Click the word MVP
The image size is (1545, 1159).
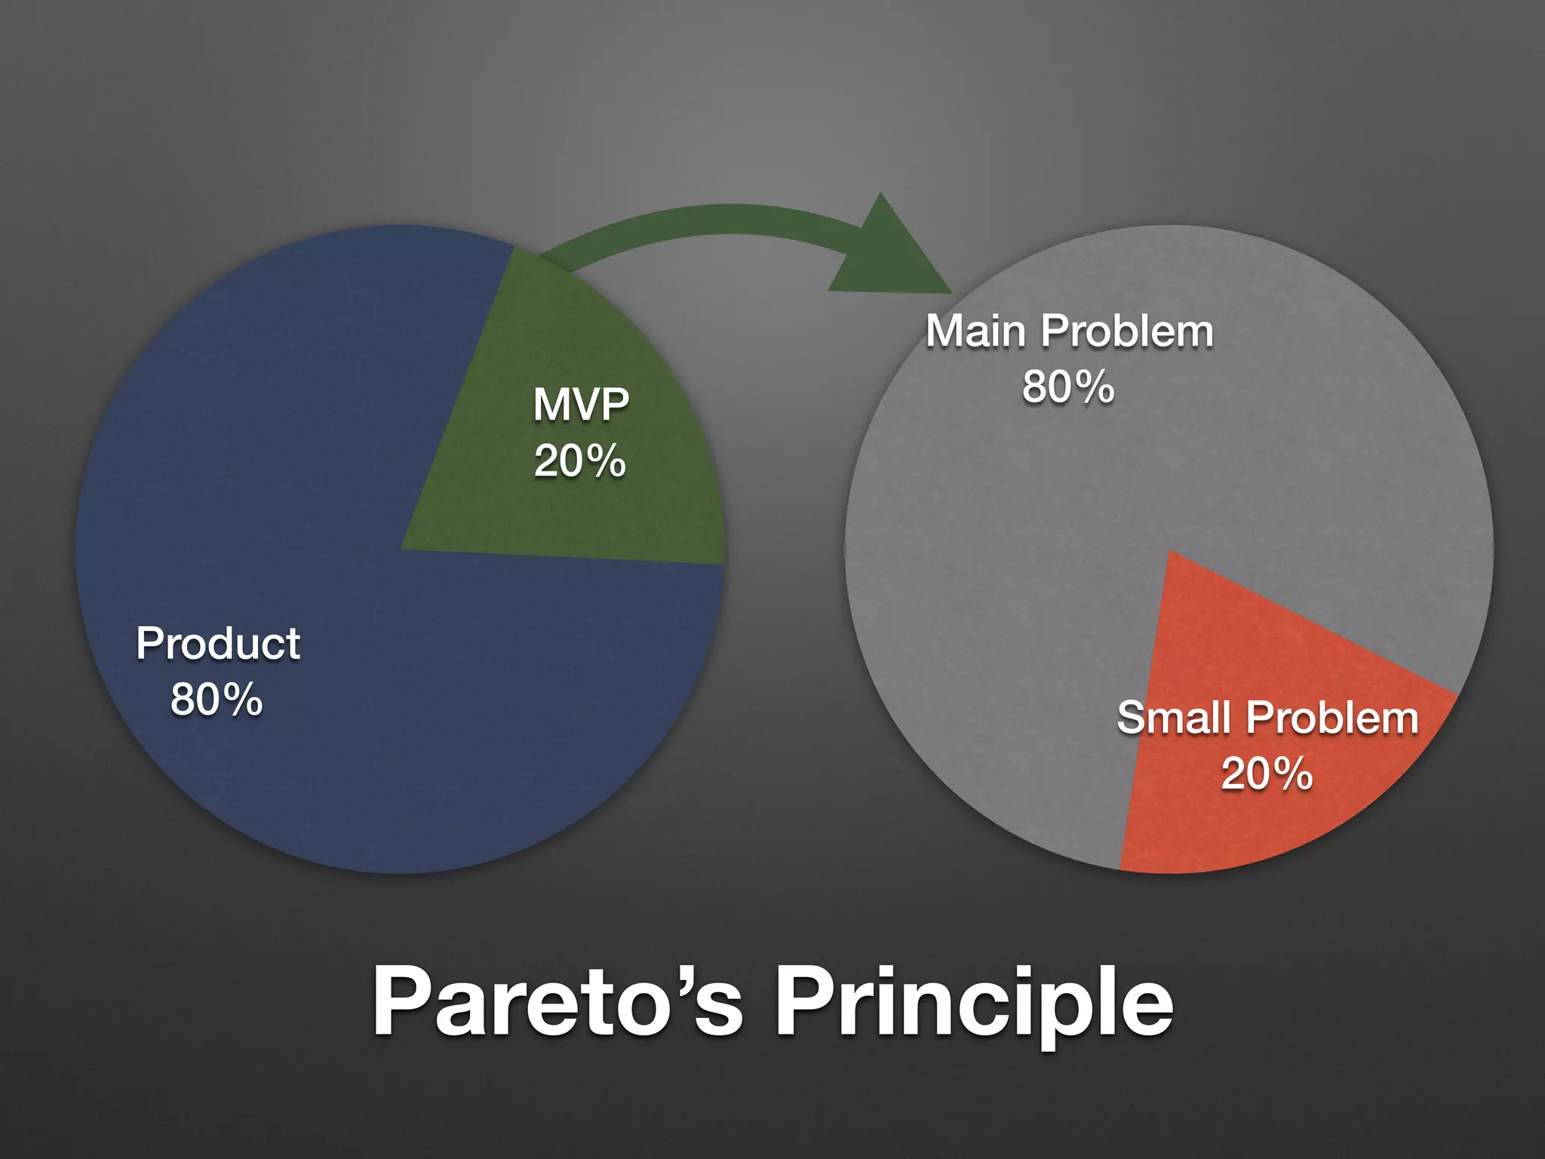[581, 404]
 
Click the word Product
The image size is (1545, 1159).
[218, 644]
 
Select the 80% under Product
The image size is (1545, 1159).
[217, 699]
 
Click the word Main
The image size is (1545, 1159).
[975, 331]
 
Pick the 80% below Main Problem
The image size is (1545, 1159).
[1068, 387]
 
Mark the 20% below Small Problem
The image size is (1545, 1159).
[1267, 774]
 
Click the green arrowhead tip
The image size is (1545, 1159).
[948, 291]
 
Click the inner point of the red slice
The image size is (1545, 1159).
[1170, 555]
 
